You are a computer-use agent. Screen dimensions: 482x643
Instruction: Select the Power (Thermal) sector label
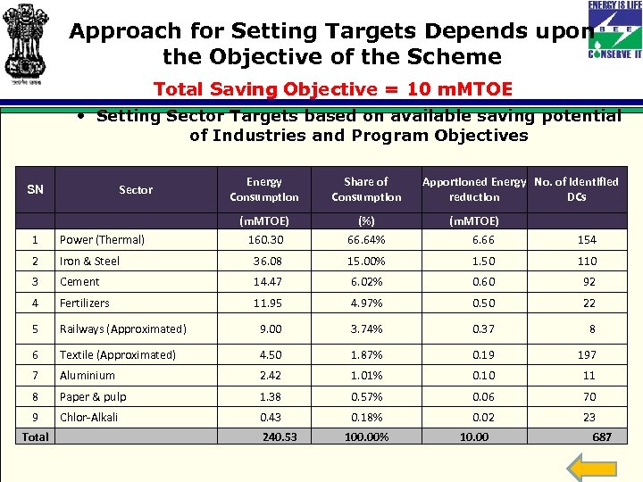coord(102,239)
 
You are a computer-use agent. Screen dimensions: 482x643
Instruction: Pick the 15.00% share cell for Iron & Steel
coord(366,261)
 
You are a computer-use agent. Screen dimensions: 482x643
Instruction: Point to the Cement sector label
coord(79,281)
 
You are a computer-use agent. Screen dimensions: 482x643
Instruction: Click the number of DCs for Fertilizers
coord(589,303)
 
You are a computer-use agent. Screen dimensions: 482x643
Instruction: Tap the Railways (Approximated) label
coord(122,328)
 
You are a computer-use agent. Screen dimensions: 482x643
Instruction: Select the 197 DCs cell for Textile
coord(586,354)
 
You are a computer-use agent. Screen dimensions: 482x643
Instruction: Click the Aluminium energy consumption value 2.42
coord(271,376)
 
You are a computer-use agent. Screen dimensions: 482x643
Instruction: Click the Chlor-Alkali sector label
coord(88,417)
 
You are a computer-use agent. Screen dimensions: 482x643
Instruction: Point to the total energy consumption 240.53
coord(280,436)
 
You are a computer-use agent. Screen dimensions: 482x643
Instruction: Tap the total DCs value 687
coord(602,436)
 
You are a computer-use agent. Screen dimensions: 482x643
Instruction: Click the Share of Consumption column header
coord(366,189)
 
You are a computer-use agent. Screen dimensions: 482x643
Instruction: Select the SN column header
coord(35,189)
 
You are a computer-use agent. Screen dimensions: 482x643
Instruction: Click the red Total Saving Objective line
coord(333,89)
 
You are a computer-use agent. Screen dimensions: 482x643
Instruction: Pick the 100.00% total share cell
coord(367,436)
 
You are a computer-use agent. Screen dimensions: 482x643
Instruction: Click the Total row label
coord(35,436)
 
